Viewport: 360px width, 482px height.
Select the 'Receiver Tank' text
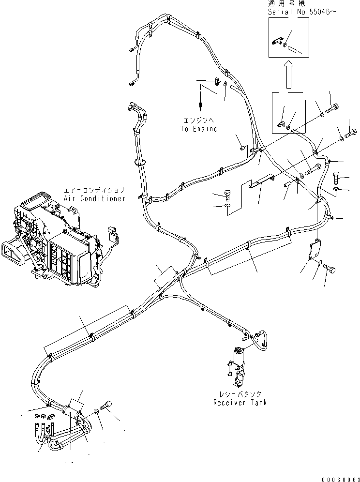point(240,402)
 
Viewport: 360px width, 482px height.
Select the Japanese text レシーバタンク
point(240,394)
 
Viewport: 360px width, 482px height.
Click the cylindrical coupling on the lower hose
point(71,412)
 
